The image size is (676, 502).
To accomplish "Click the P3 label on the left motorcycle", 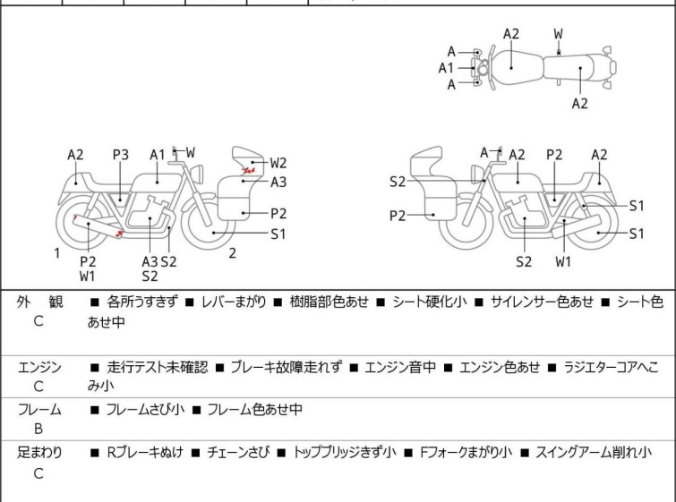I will pyautogui.click(x=121, y=155).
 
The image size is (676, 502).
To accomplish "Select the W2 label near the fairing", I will pyautogui.click(x=278, y=163).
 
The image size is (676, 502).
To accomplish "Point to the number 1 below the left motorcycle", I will pyautogui.click(x=56, y=253).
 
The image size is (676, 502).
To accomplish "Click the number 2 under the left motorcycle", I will pyautogui.click(x=232, y=253).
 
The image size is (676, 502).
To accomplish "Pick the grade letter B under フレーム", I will pyautogui.click(x=39, y=429).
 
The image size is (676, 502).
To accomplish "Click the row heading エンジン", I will pyautogui.click(x=39, y=368).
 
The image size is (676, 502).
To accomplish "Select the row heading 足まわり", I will pyautogui.click(x=39, y=453).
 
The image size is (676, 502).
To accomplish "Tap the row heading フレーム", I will pyautogui.click(x=39, y=410).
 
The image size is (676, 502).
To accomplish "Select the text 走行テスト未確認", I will pyautogui.click(x=157, y=368).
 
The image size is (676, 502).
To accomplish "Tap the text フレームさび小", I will pyautogui.click(x=145, y=410).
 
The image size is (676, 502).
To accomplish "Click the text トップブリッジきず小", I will pyautogui.click(x=345, y=453).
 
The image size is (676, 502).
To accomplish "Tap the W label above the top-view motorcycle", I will pyautogui.click(x=559, y=34).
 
